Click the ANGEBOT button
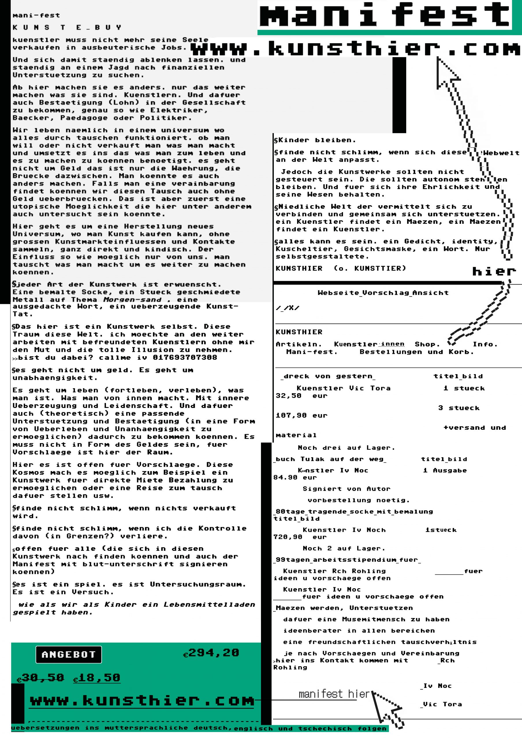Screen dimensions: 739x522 68,654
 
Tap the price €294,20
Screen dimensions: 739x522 211,653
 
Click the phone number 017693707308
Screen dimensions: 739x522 185,357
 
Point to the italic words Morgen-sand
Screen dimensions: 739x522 132,299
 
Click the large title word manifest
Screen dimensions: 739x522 385,14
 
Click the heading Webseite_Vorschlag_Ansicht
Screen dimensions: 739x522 383,293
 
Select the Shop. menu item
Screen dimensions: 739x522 427,344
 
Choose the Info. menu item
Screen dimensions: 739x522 485,344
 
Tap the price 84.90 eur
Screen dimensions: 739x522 295,477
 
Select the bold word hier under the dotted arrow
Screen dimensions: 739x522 494,271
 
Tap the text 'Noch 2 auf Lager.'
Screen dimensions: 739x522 343,548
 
